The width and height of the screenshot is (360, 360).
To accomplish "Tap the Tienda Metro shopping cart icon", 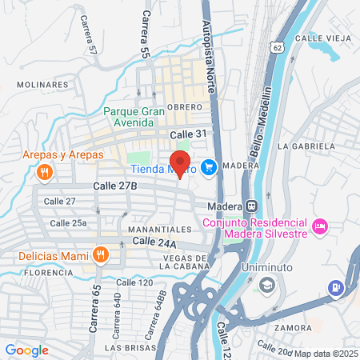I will click(209, 167).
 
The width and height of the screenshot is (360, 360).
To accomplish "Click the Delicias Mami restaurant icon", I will click(100, 256).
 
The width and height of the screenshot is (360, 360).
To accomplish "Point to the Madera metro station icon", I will click(250, 206).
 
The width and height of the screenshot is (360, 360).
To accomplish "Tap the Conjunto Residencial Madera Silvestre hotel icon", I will click(320, 227).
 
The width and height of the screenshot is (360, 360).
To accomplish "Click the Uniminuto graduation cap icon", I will click(266, 284).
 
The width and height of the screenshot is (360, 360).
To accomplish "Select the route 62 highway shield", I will click(277, 47).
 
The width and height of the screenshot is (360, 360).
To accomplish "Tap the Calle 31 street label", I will click(189, 134).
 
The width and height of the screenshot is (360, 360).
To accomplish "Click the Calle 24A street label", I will click(154, 241).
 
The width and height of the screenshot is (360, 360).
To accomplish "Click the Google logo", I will click(26, 350).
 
